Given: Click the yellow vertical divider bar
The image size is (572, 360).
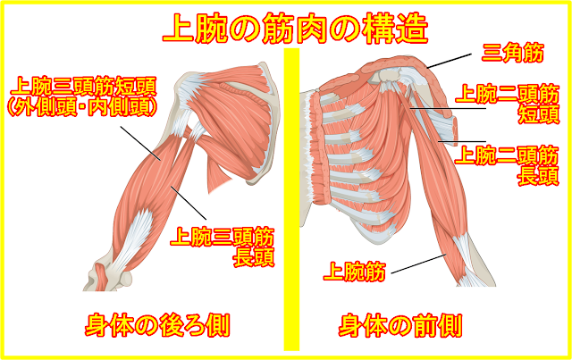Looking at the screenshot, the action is click(289, 179).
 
